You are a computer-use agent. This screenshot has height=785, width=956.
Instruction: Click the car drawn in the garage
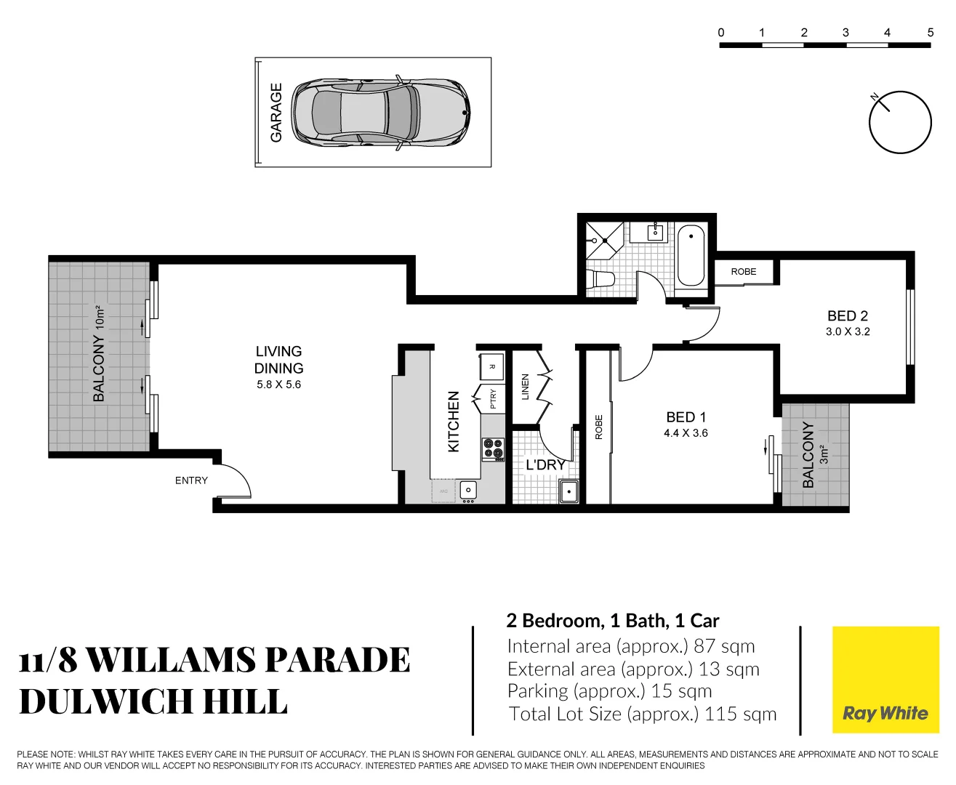point(380,113)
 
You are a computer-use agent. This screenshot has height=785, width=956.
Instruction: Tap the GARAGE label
point(276,113)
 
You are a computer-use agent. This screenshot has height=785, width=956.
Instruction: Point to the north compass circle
point(900,122)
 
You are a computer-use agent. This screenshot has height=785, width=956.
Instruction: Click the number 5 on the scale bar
point(930,32)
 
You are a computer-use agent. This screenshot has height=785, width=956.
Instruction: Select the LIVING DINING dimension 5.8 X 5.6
point(278,385)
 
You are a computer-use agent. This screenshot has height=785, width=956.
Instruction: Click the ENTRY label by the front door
point(191,480)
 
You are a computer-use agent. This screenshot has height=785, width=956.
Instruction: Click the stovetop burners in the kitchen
point(493,449)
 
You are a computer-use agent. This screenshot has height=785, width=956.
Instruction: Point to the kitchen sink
point(468,490)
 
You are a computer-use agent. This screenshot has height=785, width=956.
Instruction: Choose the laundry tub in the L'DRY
point(569,491)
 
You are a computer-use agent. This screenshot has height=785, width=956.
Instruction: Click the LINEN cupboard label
point(526,387)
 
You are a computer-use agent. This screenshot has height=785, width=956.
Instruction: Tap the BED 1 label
point(686,417)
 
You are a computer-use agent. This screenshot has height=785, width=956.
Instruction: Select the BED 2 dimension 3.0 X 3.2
point(848,331)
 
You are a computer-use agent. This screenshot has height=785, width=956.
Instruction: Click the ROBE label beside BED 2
point(744,272)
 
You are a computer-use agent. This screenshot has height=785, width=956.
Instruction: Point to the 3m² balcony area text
point(824,454)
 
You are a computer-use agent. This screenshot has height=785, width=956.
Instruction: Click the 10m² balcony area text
point(100,318)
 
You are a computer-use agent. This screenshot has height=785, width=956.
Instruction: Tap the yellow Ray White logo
point(885,680)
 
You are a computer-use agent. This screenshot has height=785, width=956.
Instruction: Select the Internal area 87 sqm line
point(630,646)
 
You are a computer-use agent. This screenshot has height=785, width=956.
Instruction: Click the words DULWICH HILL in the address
point(153,701)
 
